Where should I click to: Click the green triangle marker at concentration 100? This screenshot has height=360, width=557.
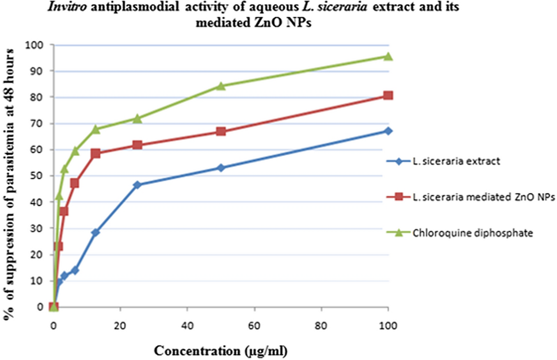388,56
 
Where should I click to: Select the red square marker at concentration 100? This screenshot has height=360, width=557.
388,95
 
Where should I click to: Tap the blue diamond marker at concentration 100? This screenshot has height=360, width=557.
388,131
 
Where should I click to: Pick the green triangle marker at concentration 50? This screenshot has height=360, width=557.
221,86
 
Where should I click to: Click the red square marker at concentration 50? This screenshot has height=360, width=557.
221,131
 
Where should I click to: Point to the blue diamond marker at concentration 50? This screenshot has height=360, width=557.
221,168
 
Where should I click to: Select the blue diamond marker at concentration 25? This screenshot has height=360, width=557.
137,185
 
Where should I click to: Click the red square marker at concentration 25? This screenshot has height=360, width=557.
137,145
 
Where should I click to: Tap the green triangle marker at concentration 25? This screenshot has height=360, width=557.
137,118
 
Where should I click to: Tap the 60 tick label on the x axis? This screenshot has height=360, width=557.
254,324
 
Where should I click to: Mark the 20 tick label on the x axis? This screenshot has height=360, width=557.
120,324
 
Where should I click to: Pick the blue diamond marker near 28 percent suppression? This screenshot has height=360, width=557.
96,232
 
